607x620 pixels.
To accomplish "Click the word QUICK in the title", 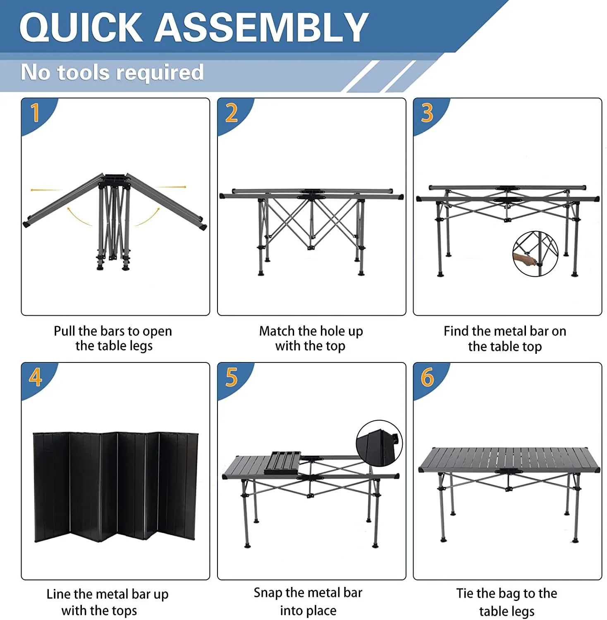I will pyautogui.click(x=81, y=27).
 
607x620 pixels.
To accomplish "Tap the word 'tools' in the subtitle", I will pyautogui.click(x=84, y=73).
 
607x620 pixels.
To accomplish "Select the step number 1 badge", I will pyautogui.click(x=36, y=113).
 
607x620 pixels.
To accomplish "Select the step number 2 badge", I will pyautogui.click(x=232, y=113).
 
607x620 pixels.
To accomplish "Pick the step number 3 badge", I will pyautogui.click(x=427, y=113).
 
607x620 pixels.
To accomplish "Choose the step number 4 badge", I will pyautogui.click(x=36, y=377).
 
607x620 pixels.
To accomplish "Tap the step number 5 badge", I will pyautogui.click(x=232, y=377).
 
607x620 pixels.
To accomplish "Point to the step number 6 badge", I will pyautogui.click(x=427, y=377).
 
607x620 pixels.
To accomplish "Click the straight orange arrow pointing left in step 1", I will pyautogui.click(x=45, y=190).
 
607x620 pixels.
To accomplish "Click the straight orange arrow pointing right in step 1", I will pyautogui.click(x=172, y=187).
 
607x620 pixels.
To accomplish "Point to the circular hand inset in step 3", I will pyautogui.click(x=535, y=254).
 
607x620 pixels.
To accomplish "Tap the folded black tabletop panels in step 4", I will pyautogui.click(x=116, y=487).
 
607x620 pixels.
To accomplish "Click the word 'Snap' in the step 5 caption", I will pyautogui.click(x=268, y=593).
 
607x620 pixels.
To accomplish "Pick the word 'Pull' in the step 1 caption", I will pyautogui.click(x=65, y=331).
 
